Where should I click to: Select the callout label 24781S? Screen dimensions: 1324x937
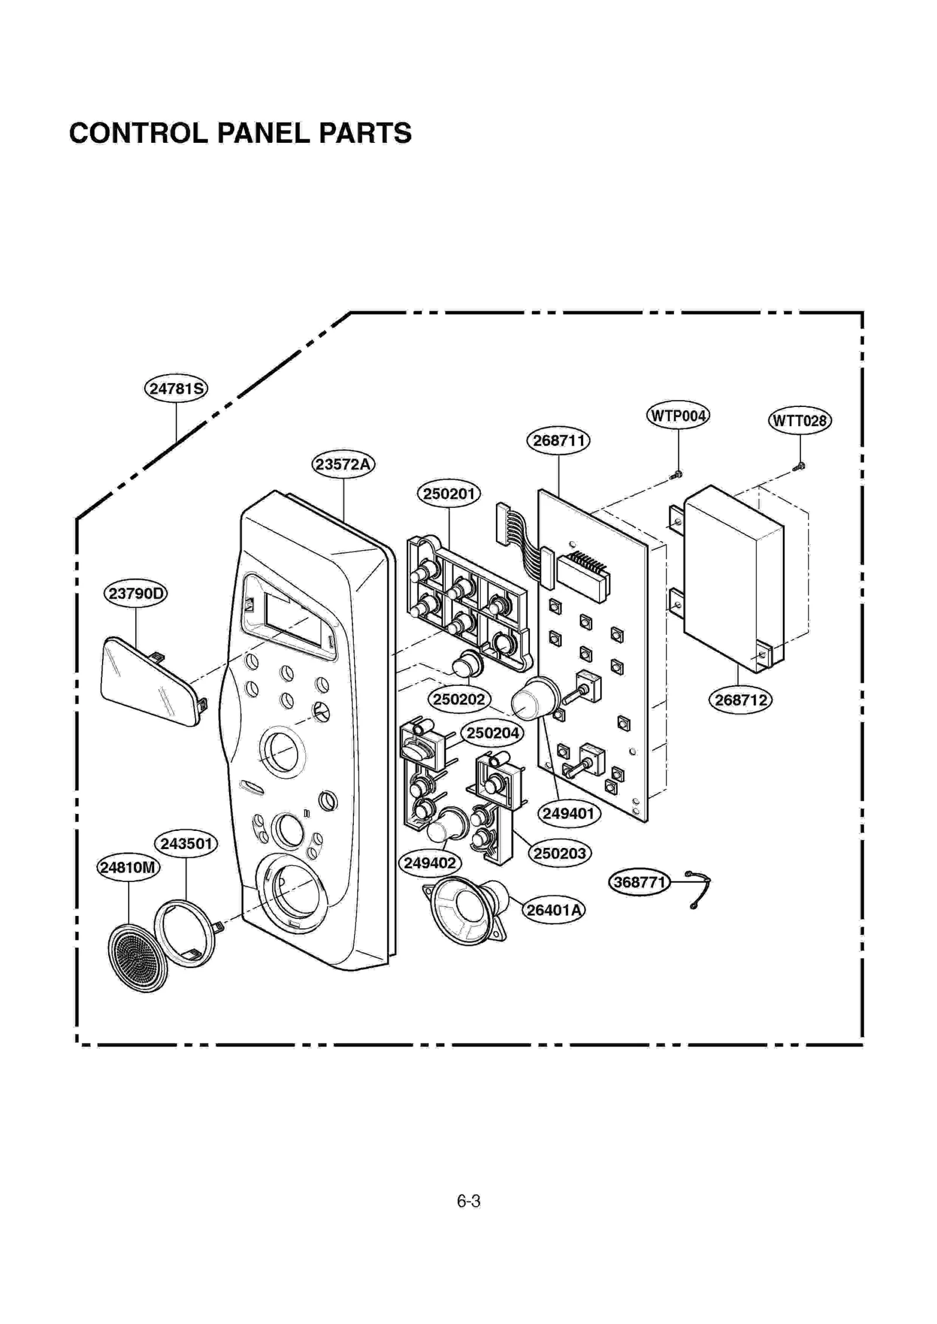(176, 388)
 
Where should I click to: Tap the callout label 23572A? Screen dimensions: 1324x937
(343, 464)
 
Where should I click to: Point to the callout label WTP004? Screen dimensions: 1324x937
(678, 416)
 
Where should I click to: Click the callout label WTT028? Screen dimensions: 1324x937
(799, 420)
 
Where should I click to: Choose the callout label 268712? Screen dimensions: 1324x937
(740, 700)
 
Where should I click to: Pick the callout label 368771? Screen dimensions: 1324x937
(640, 882)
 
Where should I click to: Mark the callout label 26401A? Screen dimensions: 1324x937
(553, 910)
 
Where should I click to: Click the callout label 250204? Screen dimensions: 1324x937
(493, 733)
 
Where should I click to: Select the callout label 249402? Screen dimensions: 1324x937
(430, 863)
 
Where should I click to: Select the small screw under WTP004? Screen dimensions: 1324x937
(677, 474)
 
